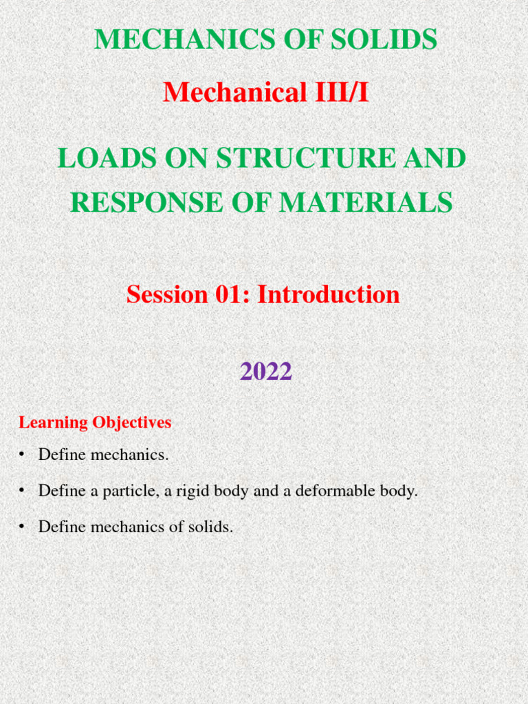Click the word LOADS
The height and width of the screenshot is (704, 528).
99,159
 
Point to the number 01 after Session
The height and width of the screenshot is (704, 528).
230,294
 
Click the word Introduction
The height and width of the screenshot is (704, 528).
329,294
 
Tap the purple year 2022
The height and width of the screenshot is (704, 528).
266,372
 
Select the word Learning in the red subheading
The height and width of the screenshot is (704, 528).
50,423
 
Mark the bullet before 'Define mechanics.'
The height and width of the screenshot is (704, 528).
22,454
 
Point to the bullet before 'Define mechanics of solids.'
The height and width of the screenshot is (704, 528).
22,527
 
